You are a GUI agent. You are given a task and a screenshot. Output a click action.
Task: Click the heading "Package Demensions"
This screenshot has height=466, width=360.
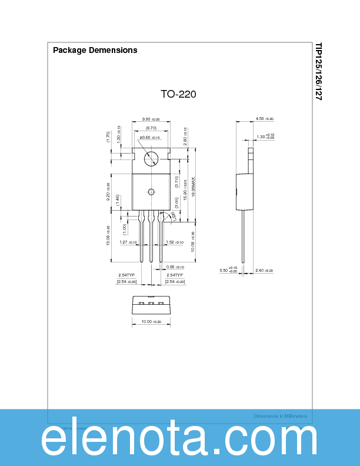(95, 50)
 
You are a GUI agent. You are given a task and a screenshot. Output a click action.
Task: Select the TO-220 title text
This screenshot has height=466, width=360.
(178, 94)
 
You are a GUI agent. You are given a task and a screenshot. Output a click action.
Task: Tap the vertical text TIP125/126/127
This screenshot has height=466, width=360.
(318, 71)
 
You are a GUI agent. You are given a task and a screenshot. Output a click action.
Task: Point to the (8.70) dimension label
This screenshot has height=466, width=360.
(151, 128)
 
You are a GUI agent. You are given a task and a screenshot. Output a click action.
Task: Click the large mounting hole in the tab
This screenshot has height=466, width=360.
(151, 158)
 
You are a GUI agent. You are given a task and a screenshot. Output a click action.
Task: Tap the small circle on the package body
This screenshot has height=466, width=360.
(151, 192)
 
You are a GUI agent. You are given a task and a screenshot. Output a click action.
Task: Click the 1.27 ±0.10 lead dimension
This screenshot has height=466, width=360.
(128, 242)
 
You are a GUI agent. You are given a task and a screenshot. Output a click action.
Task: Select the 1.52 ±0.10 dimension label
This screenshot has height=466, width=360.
(175, 242)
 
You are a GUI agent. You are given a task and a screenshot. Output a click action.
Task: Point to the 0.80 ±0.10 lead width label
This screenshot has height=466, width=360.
(175, 266)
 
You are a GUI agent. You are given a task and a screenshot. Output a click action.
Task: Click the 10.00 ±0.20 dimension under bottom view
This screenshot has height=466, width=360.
(151, 322)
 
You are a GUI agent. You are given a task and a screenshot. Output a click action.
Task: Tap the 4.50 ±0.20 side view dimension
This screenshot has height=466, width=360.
(265, 119)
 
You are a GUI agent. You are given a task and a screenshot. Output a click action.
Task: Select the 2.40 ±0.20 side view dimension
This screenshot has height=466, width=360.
(265, 271)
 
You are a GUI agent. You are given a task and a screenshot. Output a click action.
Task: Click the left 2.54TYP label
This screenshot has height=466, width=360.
(127, 275)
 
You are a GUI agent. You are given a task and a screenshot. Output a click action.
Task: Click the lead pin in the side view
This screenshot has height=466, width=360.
(244, 235)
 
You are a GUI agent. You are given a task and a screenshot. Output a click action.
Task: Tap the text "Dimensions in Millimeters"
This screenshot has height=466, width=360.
(280, 416)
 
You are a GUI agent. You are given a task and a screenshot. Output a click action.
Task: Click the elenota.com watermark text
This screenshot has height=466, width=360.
(179, 440)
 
